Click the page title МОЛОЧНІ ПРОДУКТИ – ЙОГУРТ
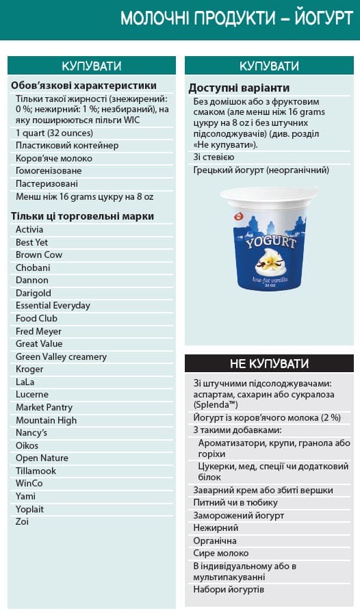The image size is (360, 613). [x=236, y=18]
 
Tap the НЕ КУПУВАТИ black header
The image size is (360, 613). [x=269, y=363]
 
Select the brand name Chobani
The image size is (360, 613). [x=33, y=268]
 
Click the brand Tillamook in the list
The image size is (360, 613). [x=36, y=471]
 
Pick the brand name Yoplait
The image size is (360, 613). [x=31, y=509]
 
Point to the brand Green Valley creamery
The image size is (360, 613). [x=61, y=356]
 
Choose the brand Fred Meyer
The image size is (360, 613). [x=38, y=331]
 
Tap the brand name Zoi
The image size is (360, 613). [x=23, y=521]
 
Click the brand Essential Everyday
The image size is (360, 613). [x=53, y=305]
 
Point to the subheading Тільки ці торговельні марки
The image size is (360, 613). [x=82, y=216]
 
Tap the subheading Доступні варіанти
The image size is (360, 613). [x=239, y=88]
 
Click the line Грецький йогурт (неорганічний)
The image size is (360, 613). [x=261, y=170]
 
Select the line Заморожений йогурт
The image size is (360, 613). [x=238, y=515]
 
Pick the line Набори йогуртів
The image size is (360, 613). [x=229, y=589]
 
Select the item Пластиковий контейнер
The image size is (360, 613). [x=67, y=145]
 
